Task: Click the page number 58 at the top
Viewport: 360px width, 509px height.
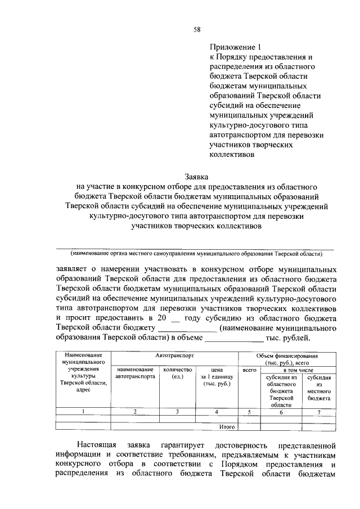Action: pyautogui.click(x=197, y=29)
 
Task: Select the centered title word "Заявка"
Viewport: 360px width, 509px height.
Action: pyautogui.click(x=196, y=177)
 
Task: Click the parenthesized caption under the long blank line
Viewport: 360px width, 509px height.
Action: pyautogui.click(x=196, y=254)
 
